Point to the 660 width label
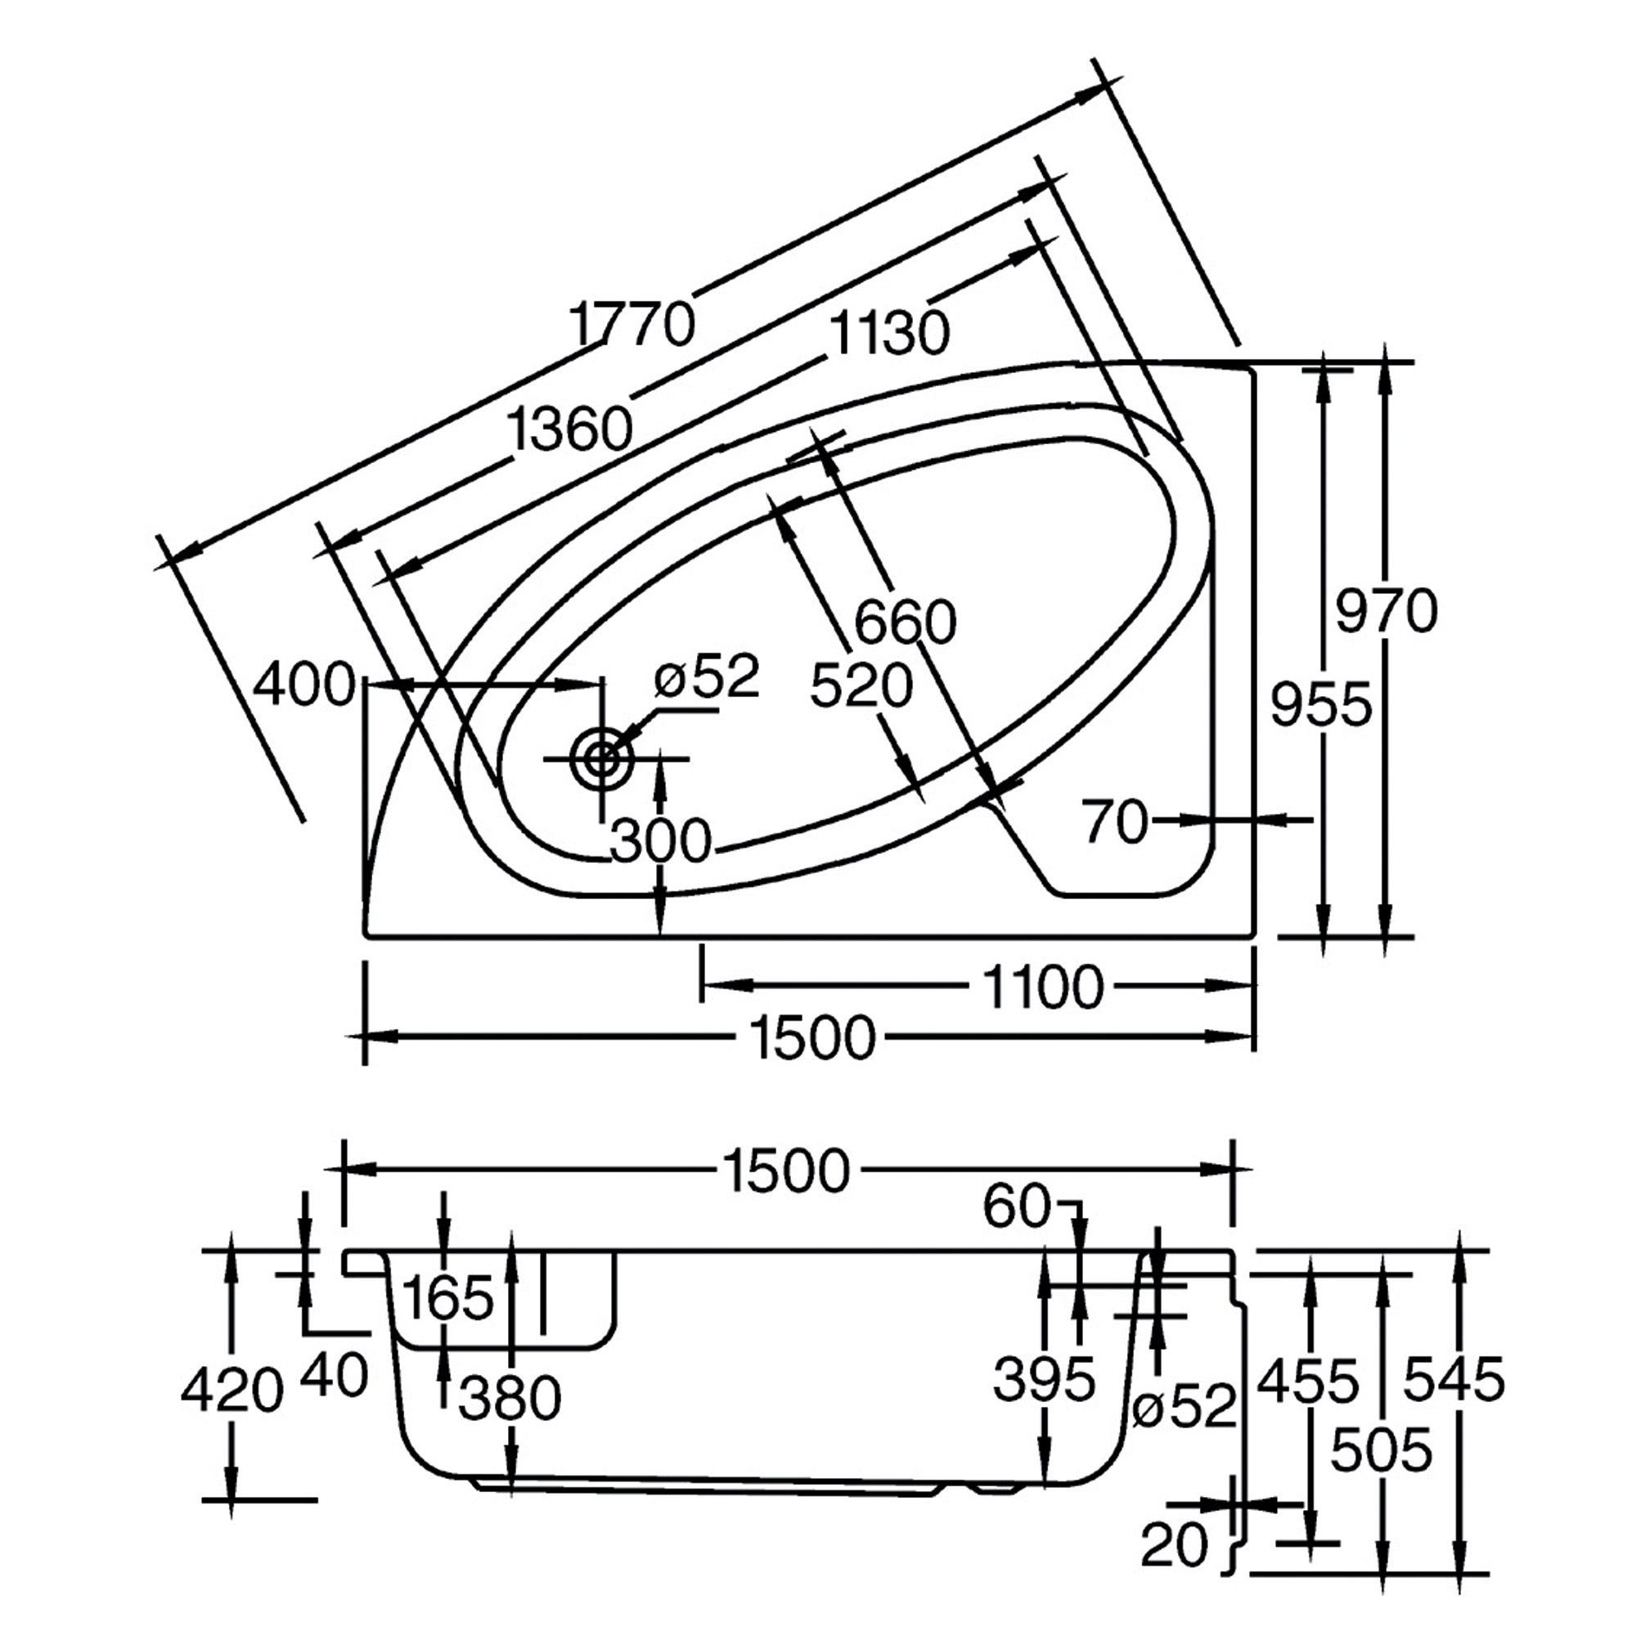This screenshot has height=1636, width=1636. (905, 622)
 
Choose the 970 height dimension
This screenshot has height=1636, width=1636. (1387, 611)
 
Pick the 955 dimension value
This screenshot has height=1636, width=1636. (1320, 704)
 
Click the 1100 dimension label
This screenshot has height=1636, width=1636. (1043, 987)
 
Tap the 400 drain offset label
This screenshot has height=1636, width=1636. (305, 684)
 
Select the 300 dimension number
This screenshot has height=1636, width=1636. (660, 842)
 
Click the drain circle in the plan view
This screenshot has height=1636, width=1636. (602, 758)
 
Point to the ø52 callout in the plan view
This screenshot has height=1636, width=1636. (707, 677)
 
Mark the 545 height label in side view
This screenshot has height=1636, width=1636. (1454, 1378)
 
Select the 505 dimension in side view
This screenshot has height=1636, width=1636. (1381, 1449)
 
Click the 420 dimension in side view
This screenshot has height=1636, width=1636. (231, 1391)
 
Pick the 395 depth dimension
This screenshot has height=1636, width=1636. (1044, 1378)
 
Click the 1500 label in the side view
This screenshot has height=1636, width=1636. (785, 1172)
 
